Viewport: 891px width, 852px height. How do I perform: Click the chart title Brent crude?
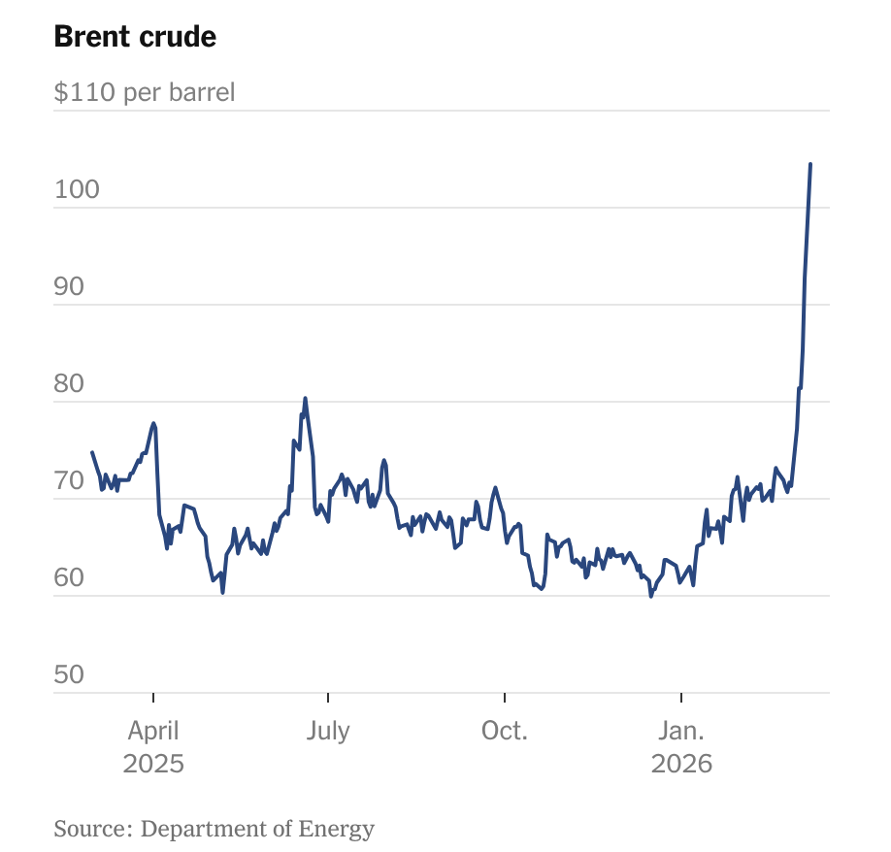click(135, 37)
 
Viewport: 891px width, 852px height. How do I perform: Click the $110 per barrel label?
click(145, 93)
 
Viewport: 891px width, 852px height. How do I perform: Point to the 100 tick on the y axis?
click(77, 190)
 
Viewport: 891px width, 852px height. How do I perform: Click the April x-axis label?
click(153, 732)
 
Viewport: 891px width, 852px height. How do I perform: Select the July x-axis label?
click(328, 731)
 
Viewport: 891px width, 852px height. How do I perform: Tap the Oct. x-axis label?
click(505, 731)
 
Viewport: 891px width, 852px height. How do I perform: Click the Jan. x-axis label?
click(681, 731)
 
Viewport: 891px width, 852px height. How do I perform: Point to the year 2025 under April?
click(153, 764)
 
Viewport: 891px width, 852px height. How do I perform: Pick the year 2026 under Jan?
click(681, 764)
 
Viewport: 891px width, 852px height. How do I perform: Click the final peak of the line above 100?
click(810, 165)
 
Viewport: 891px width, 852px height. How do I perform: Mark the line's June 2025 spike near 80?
click(305, 398)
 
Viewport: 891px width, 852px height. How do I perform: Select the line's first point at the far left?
click(92, 452)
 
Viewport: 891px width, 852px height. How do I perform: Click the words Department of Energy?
click(257, 829)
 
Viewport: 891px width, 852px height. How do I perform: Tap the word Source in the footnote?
click(90, 829)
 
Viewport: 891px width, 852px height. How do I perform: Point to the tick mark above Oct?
click(505, 699)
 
